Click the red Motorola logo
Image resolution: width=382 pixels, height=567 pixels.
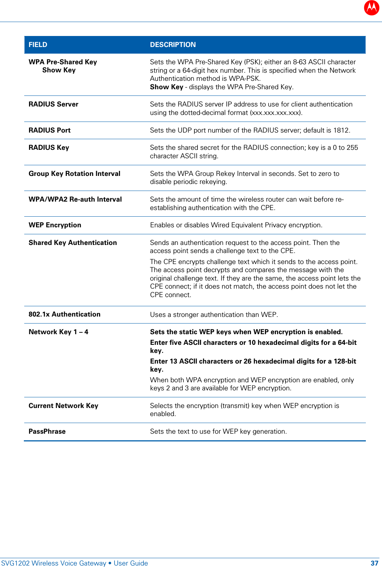[371, 7]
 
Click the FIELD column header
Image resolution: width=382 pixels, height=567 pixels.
[38, 45]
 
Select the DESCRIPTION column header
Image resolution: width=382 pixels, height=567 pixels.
[173, 45]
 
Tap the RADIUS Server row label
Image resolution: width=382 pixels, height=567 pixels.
[54, 104]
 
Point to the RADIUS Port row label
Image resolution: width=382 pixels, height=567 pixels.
[50, 130]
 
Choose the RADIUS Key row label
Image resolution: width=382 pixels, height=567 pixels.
[49, 148]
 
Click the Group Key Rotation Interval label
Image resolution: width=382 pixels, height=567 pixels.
[74, 174]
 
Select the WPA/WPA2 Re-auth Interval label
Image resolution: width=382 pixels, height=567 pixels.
[75, 199]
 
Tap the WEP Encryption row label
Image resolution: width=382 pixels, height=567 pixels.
[55, 225]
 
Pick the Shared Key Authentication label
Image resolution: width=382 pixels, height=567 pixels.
[73, 243]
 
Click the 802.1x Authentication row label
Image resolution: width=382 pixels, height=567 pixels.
[65, 314]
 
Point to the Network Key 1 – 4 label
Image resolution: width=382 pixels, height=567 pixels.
[58, 332]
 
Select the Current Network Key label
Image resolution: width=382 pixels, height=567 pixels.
[63, 406]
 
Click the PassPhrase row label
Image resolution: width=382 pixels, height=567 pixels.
[47, 431]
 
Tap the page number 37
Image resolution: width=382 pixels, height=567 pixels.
[374, 563]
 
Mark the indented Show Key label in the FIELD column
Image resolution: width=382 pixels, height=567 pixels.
[59, 70]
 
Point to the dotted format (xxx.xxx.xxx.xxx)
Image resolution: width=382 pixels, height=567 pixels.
[276, 113]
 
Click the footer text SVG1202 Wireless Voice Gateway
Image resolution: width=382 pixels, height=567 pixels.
[54, 563]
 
